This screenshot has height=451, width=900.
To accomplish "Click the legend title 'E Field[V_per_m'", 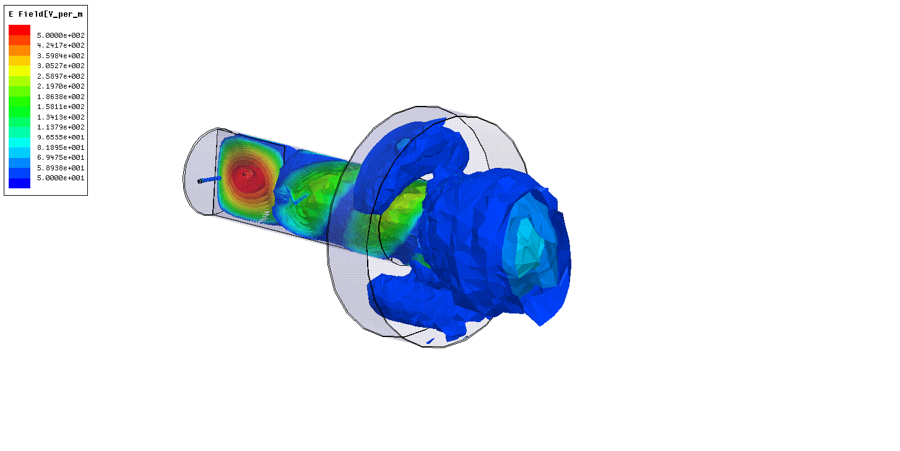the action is (x=45, y=14).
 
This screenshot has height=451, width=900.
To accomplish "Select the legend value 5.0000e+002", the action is (x=61, y=35).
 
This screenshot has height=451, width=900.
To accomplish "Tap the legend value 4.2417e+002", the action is (x=61, y=45).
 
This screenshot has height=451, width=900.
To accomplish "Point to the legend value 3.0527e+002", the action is (x=61, y=66).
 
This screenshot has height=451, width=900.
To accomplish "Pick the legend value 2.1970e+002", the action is (x=61, y=87).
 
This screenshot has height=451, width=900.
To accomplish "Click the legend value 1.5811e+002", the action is (x=61, y=107).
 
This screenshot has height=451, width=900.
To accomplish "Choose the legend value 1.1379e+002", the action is (x=61, y=127).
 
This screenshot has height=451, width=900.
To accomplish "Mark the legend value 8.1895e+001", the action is (x=61, y=147).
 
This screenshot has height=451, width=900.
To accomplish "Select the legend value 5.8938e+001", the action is (x=61, y=168).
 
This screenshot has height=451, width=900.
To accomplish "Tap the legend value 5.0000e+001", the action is (x=61, y=178).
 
